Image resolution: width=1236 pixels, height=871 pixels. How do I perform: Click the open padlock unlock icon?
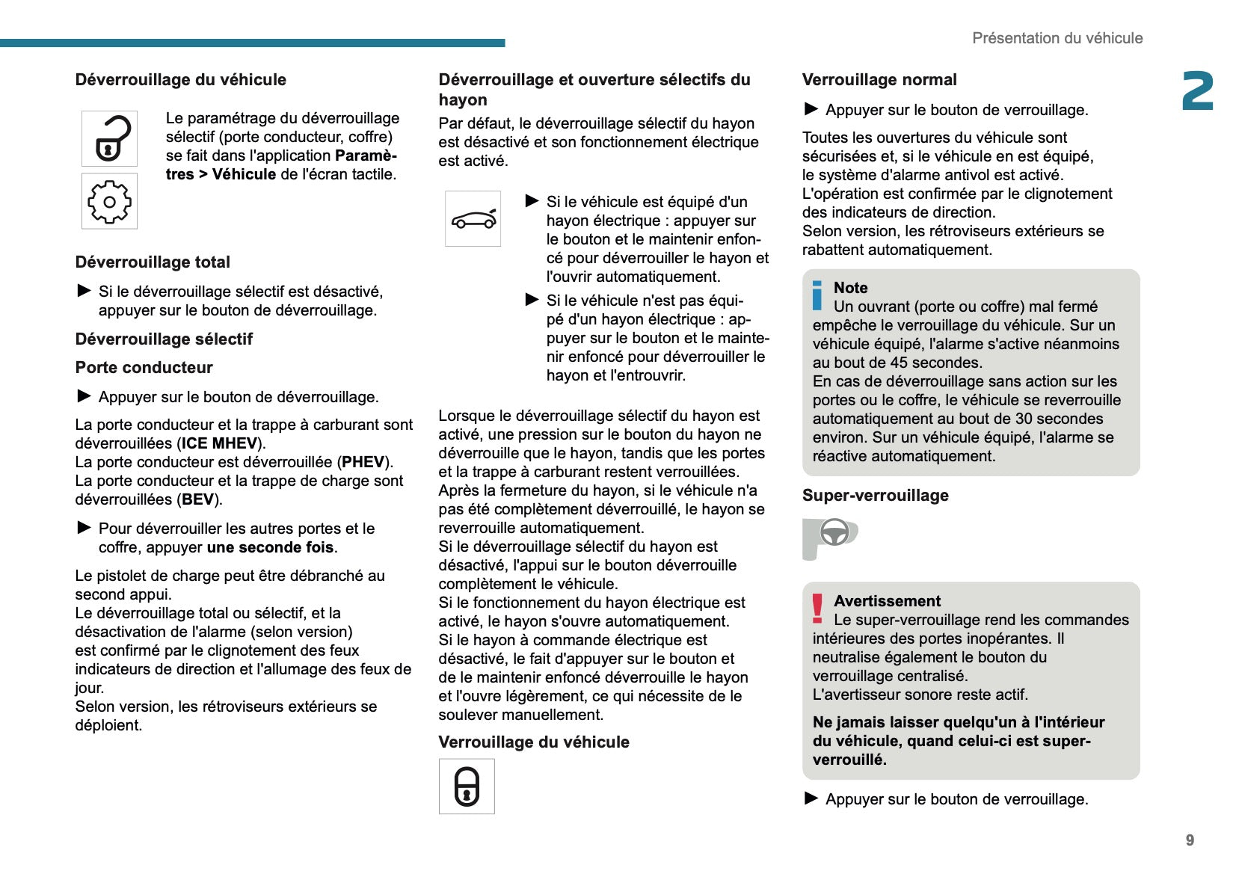click(109, 138)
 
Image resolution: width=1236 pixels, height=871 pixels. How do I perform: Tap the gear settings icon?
click(109, 201)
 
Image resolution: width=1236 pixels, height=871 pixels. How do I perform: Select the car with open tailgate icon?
click(473, 218)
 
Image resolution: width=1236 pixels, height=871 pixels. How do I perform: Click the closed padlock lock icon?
click(467, 787)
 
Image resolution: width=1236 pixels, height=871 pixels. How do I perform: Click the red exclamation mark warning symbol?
click(817, 608)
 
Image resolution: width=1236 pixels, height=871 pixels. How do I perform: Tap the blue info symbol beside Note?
click(817, 295)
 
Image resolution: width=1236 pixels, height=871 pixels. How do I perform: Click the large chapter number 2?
click(1197, 92)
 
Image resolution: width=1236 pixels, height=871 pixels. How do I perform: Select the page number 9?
click(1190, 840)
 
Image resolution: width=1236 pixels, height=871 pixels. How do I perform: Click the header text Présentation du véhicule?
click(1057, 38)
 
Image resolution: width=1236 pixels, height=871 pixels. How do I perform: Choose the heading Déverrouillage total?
click(153, 262)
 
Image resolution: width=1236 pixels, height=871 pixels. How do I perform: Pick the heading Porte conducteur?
click(144, 368)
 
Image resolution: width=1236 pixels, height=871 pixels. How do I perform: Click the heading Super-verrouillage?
click(875, 496)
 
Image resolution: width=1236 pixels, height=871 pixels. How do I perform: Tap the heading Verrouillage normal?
click(879, 80)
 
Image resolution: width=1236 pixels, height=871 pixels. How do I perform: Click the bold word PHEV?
click(363, 462)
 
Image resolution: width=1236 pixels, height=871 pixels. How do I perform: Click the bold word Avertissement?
click(887, 601)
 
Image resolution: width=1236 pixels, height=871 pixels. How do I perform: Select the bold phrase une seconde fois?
click(270, 547)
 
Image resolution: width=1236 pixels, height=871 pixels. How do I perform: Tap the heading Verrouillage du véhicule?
click(533, 742)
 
